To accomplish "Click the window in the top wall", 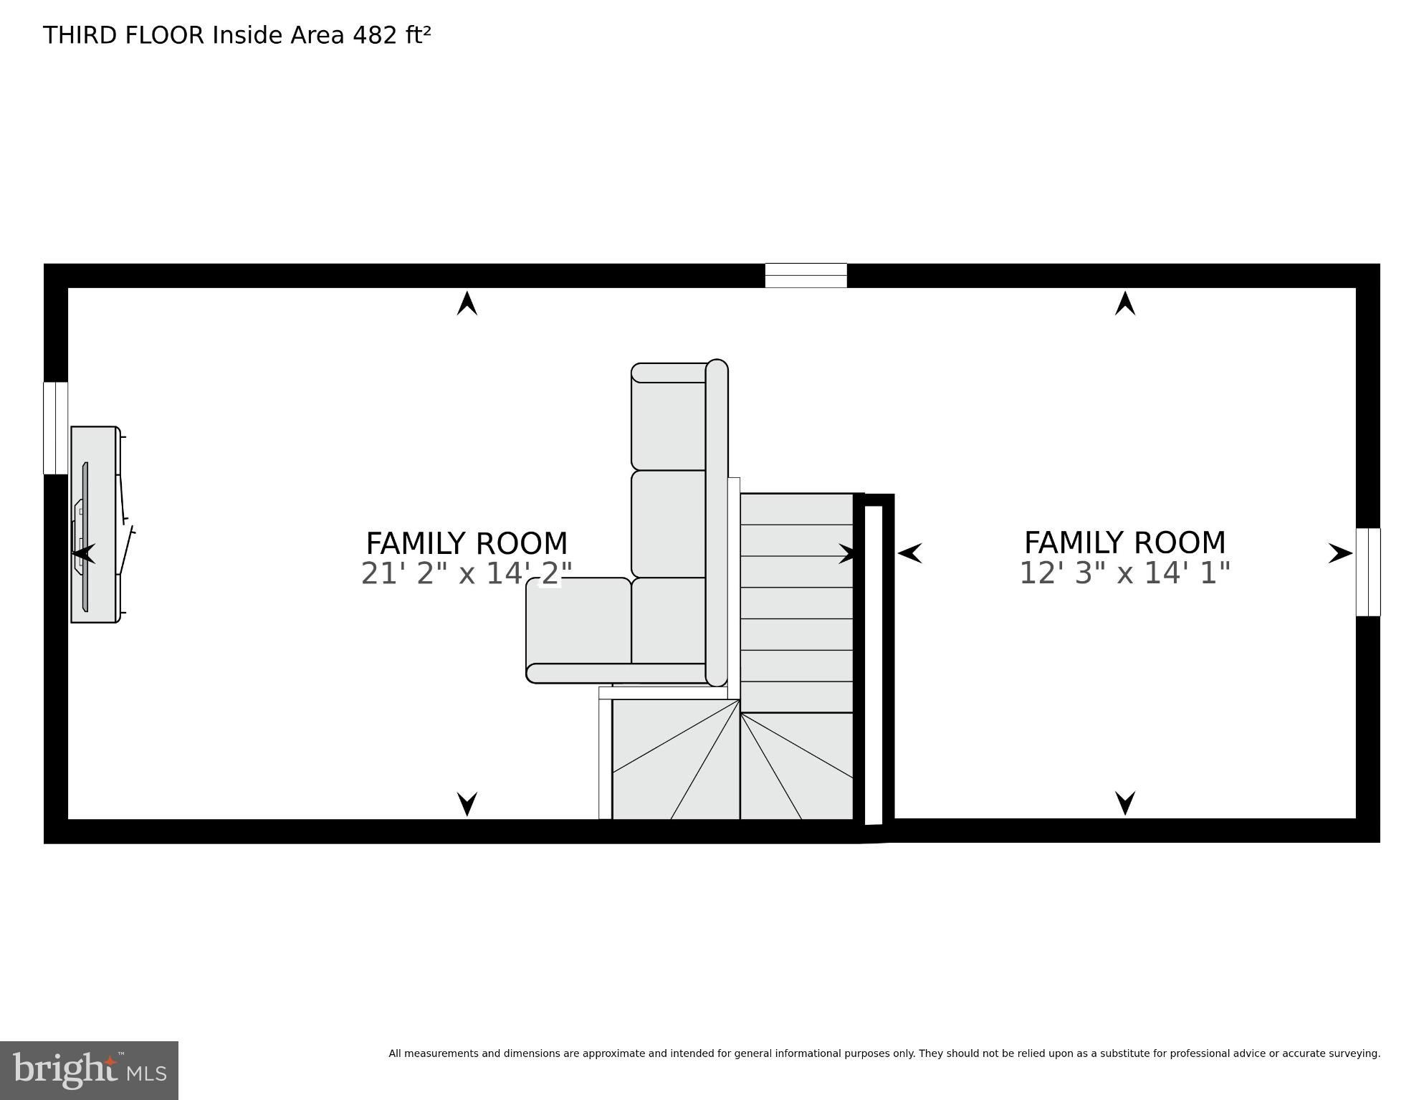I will click(806, 276).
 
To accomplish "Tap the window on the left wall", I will click(55, 428).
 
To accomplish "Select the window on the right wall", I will click(1367, 572).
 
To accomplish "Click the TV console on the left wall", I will click(94, 525).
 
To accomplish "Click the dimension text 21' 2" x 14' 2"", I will click(467, 573).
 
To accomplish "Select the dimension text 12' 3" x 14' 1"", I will click(1124, 573).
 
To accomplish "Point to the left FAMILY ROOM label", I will click(467, 543).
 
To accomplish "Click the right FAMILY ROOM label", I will click(1124, 542).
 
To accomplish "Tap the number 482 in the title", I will click(375, 35).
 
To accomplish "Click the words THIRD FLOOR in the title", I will click(123, 35).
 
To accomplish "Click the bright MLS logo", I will click(89, 1070).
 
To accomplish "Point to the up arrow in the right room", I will click(1125, 303).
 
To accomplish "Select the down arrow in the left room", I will click(467, 803).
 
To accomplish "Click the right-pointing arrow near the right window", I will click(1339, 553).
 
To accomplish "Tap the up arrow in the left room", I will click(467, 303).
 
